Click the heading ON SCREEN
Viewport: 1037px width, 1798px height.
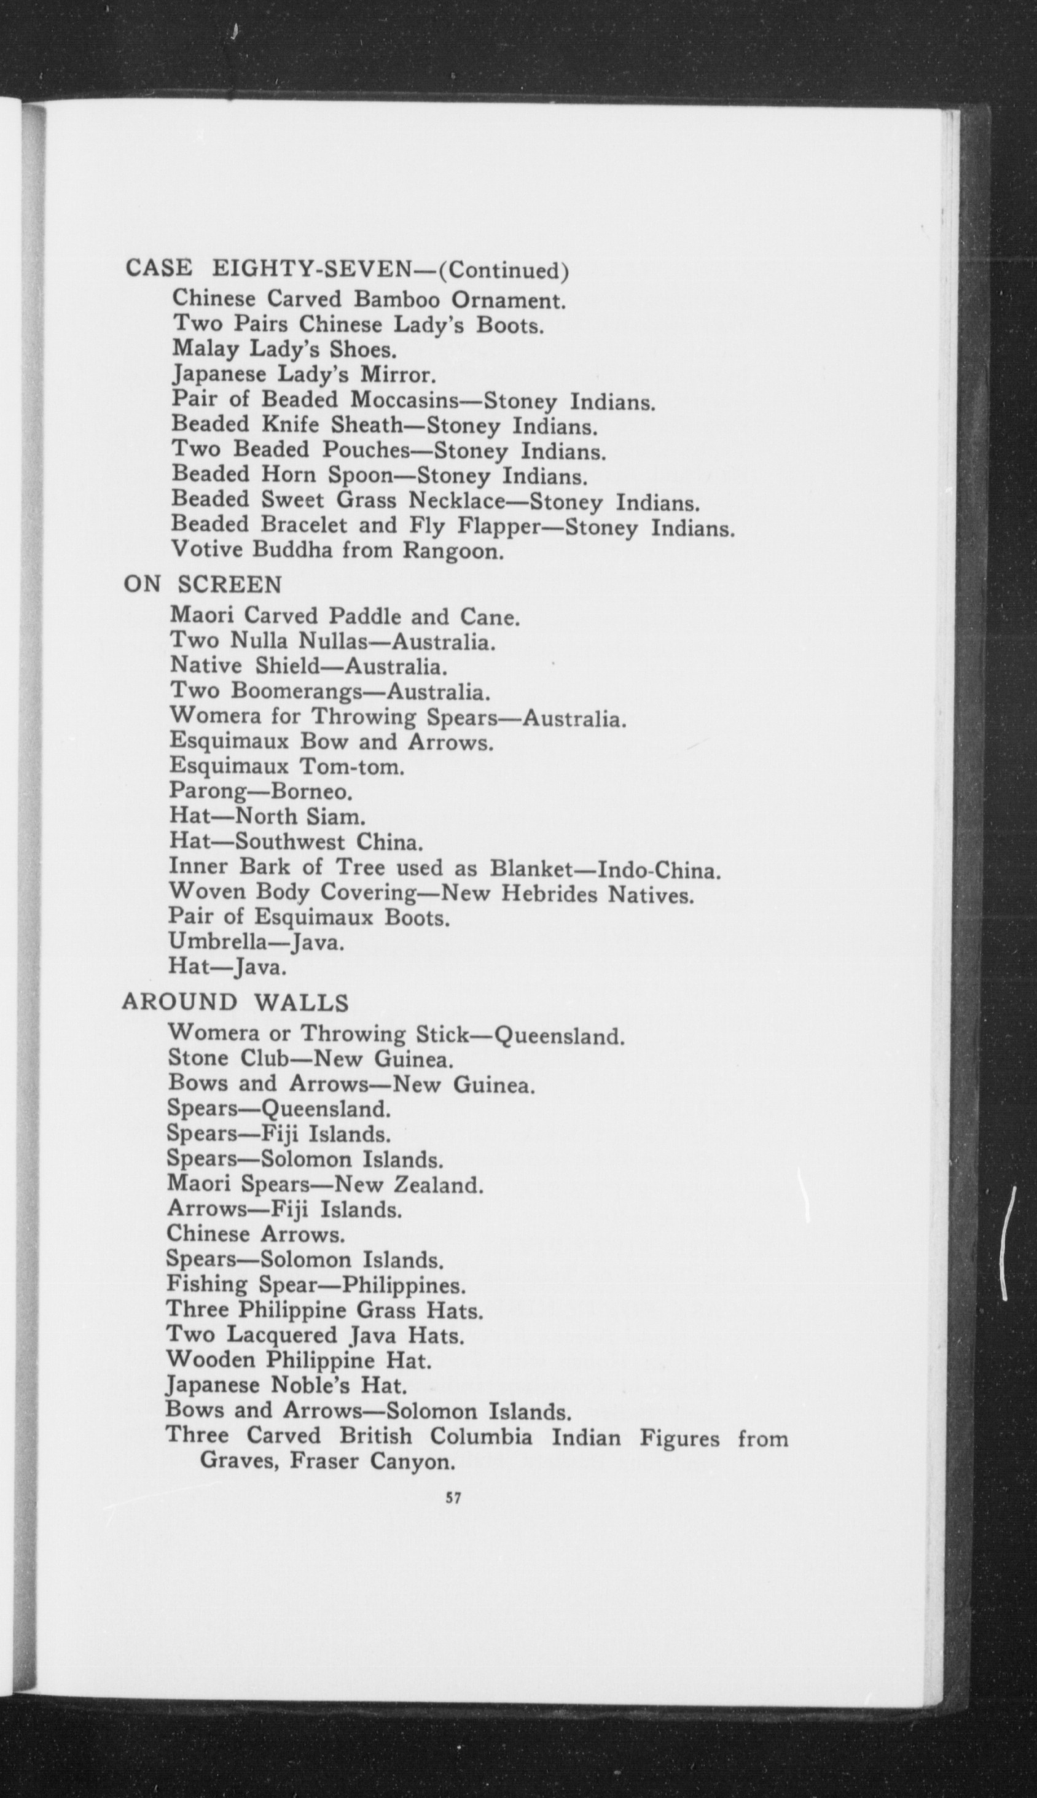[203, 585]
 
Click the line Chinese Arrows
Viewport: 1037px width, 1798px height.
[256, 1234]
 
